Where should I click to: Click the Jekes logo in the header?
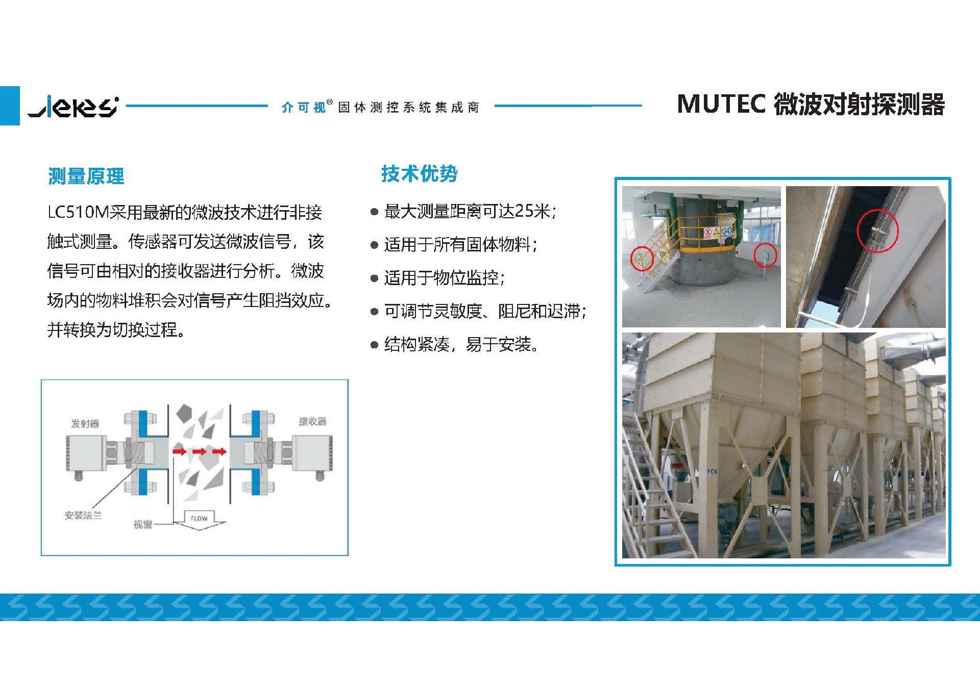click(x=73, y=106)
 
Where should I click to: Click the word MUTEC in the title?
click(x=721, y=104)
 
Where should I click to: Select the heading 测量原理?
click(x=86, y=176)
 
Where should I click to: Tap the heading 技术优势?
click(x=419, y=174)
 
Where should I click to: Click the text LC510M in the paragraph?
click(x=78, y=212)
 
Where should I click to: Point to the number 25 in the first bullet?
click(x=524, y=211)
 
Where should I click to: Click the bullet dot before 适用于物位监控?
click(x=374, y=278)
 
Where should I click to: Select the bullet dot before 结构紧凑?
click(x=374, y=345)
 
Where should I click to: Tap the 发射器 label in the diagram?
click(x=85, y=424)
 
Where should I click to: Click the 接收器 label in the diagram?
click(x=312, y=421)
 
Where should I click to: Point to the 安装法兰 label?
click(x=83, y=516)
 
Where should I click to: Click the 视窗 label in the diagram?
click(x=143, y=524)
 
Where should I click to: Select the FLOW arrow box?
click(x=199, y=520)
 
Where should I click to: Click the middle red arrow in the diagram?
click(x=199, y=451)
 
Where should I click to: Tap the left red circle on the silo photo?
click(x=642, y=258)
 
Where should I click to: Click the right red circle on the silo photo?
click(x=765, y=255)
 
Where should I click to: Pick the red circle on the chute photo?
click(x=877, y=230)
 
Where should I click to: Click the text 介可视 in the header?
click(x=303, y=107)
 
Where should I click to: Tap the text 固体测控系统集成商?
click(x=408, y=107)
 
